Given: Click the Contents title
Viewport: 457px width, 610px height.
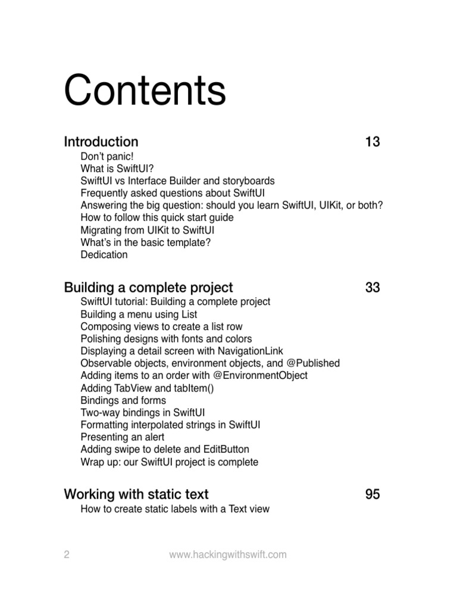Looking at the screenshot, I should [145, 91].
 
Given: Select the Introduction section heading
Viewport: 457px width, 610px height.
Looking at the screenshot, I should [101, 142].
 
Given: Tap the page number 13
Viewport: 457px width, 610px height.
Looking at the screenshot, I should [373, 142].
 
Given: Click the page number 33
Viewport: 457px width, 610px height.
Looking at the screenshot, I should [373, 288].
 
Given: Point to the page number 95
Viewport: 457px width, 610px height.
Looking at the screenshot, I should [373, 494].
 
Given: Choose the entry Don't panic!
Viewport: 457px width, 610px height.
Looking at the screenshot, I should [108, 156].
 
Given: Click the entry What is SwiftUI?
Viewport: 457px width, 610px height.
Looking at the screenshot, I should [117, 169].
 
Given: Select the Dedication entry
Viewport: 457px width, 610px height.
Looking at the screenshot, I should [104, 254].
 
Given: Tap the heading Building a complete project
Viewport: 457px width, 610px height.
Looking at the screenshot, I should [148, 288].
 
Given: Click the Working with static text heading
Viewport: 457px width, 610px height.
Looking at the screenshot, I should [136, 494].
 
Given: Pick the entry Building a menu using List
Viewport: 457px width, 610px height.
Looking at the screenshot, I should [139, 314].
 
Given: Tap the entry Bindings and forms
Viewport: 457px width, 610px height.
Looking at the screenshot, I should [123, 400].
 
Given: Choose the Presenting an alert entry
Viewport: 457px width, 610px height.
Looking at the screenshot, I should [123, 437].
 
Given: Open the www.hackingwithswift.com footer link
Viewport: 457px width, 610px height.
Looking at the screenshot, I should [228, 555].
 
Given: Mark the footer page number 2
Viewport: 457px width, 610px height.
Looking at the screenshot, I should [67, 555].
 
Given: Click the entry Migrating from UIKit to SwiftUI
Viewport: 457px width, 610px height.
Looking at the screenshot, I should [148, 230].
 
